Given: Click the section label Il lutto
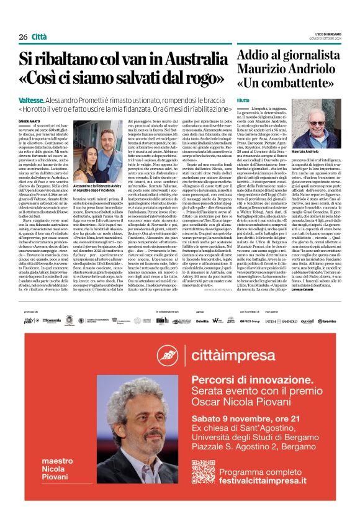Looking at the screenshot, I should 243,100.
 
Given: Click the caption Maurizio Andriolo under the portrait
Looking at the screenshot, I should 322,151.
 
